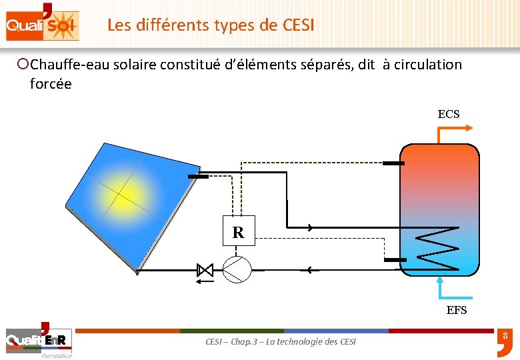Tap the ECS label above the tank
click(x=448, y=114)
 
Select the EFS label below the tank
click(x=457, y=310)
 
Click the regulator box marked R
click(x=238, y=233)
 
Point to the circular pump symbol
click(x=236, y=269)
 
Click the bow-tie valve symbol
click(x=205, y=270)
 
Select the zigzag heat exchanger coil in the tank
click(x=437, y=249)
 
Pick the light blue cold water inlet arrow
click(x=449, y=287)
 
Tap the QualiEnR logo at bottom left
click(x=39, y=341)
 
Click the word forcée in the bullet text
click(x=51, y=84)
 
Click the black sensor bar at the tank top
click(x=393, y=163)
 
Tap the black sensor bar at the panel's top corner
click(x=198, y=176)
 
